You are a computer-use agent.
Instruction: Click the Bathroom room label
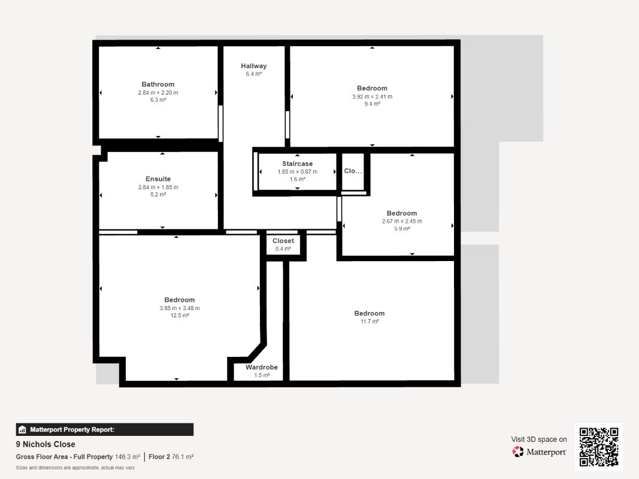pos(158,84)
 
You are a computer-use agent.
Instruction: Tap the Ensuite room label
pos(158,179)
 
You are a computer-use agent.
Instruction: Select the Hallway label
pos(253,66)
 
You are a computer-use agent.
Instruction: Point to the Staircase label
pos(298,163)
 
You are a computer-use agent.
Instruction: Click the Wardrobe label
pos(262,368)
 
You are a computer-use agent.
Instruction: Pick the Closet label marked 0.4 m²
pos(283,241)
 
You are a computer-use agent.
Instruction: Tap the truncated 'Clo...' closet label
pos(353,171)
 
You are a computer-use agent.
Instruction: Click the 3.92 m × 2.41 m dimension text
pos(373,97)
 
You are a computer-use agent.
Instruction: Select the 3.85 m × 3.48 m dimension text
pos(180,308)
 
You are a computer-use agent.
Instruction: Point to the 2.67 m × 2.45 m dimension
pos(402,222)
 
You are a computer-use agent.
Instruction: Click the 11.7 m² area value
pos(370,322)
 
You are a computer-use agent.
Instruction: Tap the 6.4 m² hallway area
pos(253,74)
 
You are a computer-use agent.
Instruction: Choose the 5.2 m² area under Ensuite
pos(158,195)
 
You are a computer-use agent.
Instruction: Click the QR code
pos(599,447)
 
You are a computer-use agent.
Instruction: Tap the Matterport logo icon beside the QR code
pos(518,451)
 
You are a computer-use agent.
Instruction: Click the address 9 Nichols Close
pos(46,444)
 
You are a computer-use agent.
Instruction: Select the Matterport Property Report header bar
pos(105,430)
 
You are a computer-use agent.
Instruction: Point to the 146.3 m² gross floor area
pos(127,457)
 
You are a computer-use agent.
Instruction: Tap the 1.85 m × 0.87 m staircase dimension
pos(298,172)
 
